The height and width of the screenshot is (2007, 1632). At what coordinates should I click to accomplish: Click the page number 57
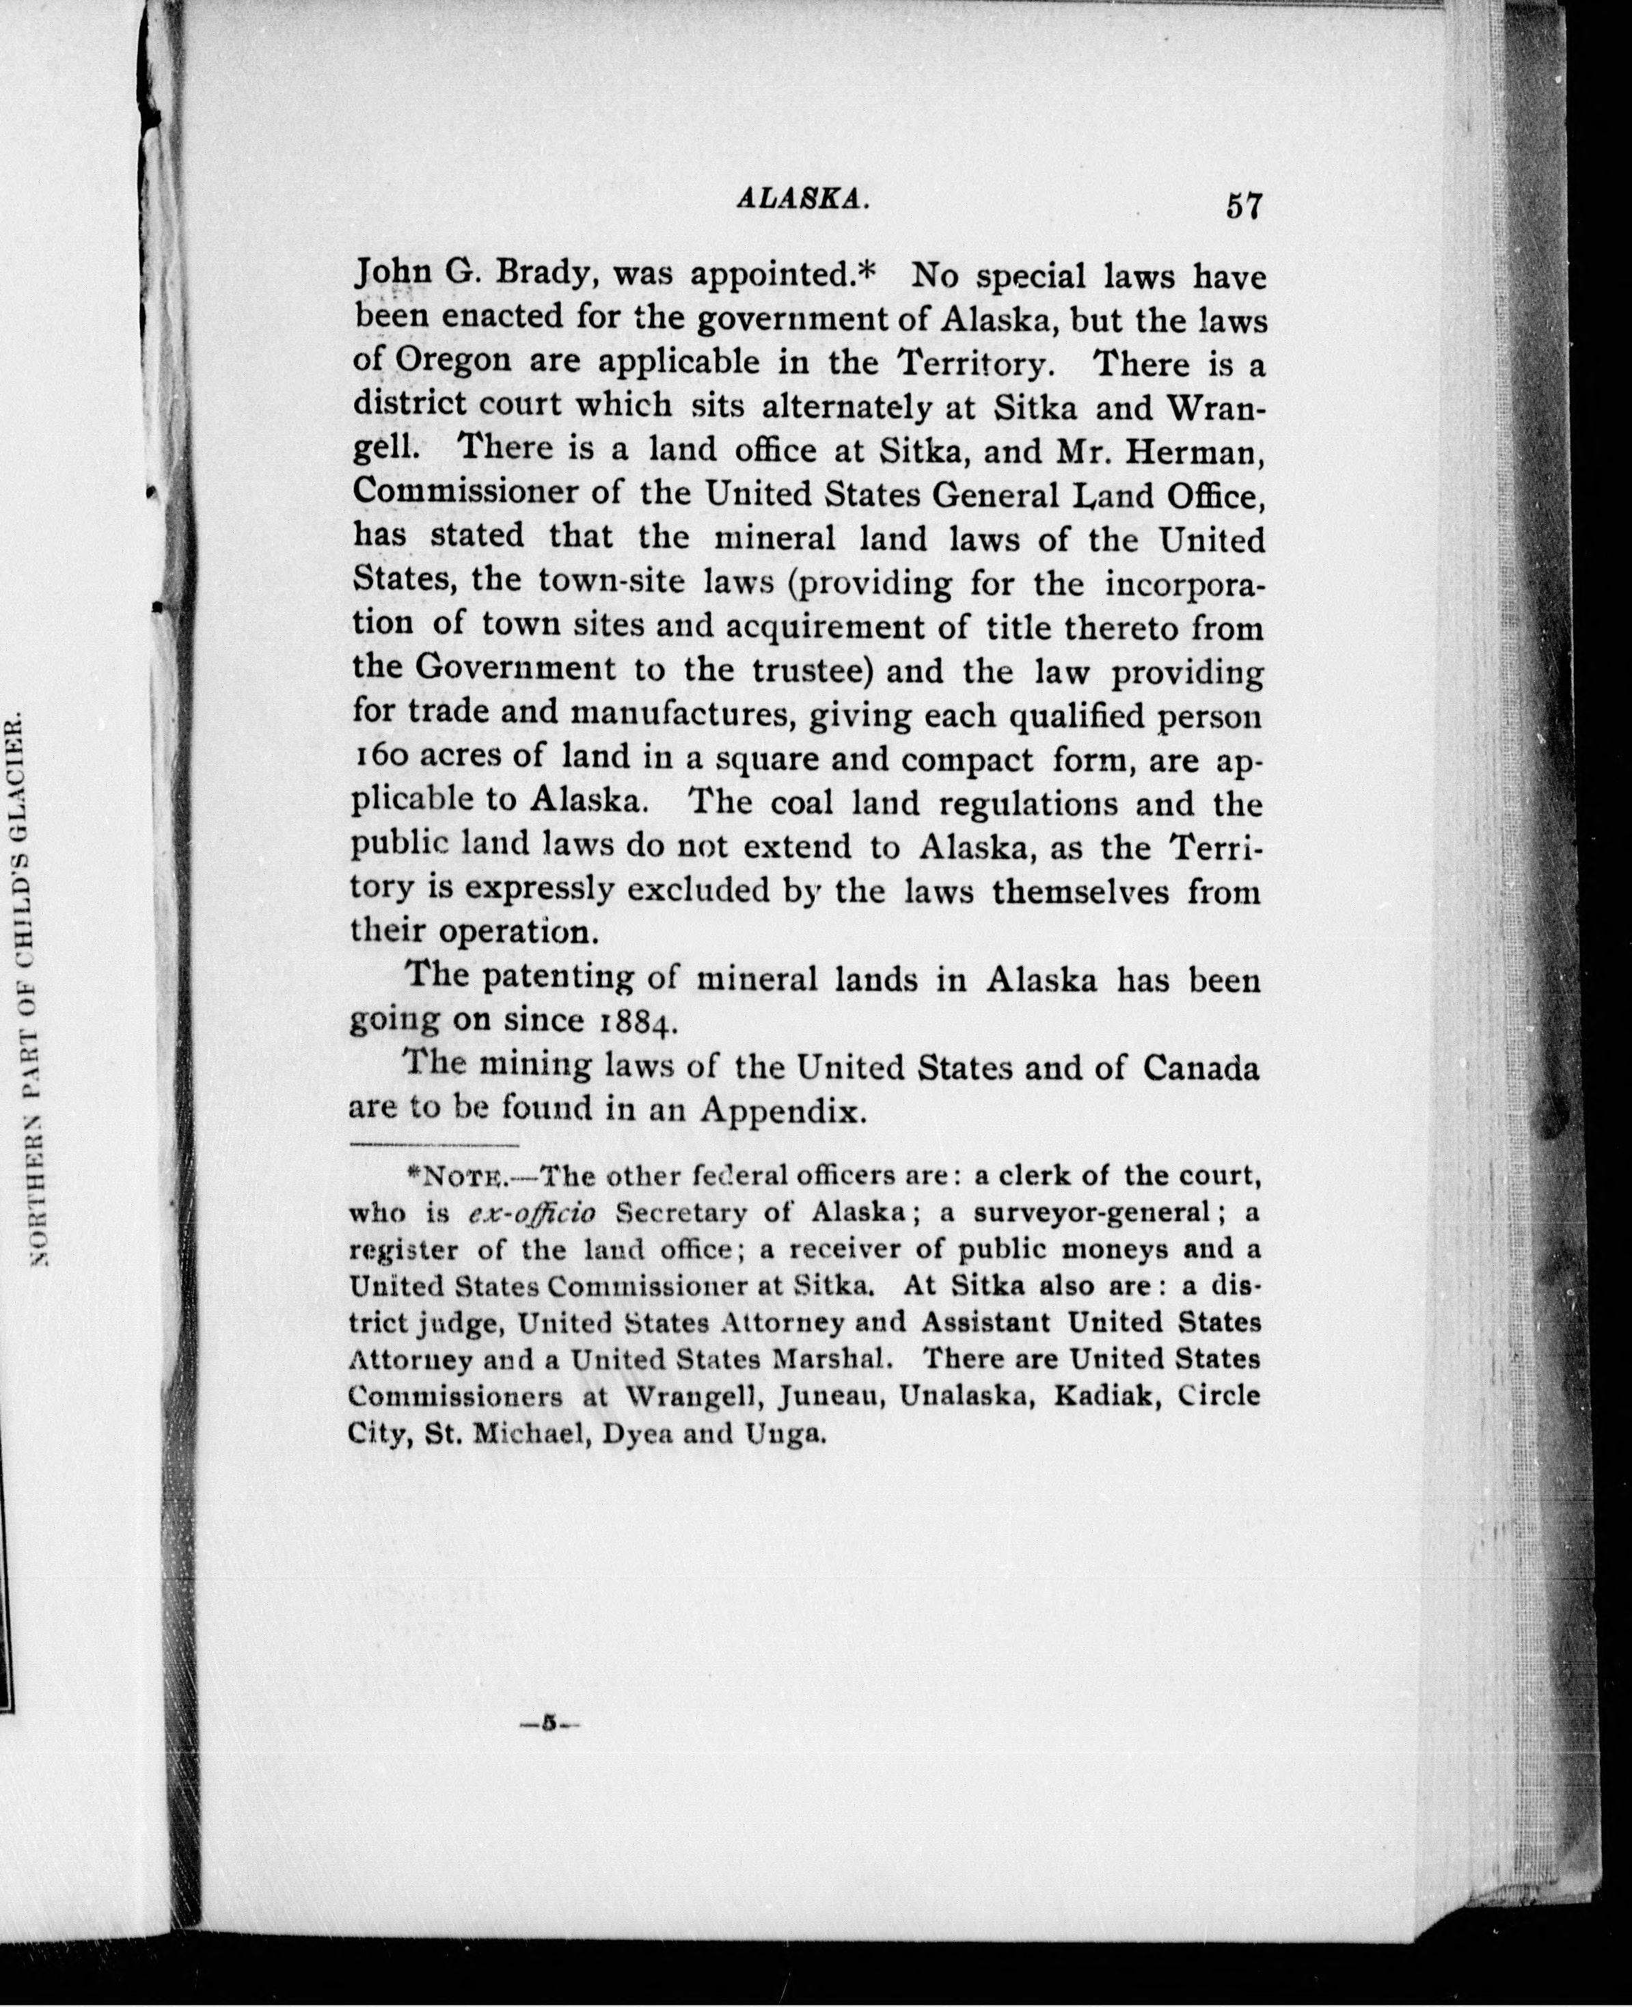(1242, 206)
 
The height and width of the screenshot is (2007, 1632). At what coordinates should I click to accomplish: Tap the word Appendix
(781, 1112)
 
